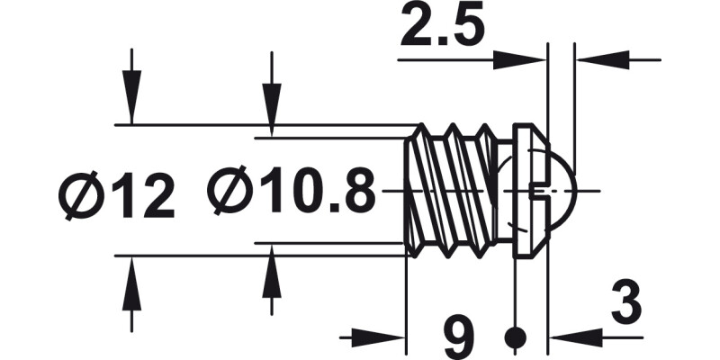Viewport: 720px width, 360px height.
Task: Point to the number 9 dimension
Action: click(460, 338)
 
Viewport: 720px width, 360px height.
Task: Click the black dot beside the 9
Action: click(515, 338)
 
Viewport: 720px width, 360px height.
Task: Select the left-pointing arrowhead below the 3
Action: click(571, 338)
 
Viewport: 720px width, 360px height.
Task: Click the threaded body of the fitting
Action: click(450, 191)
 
